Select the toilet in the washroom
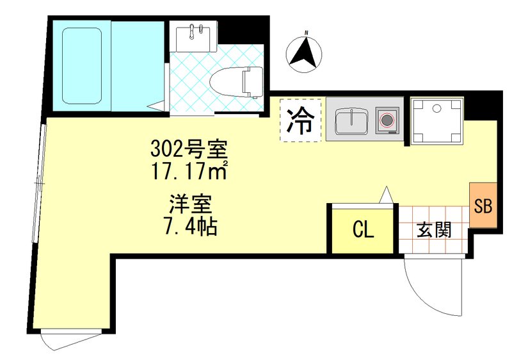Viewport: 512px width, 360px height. (237, 81)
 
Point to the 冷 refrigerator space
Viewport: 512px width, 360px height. (300, 120)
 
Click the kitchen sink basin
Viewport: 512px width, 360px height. (350, 120)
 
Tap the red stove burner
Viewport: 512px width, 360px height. (387, 120)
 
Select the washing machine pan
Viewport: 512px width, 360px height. (437, 120)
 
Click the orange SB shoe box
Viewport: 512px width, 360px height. (482, 205)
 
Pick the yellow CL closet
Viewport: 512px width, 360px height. (362, 230)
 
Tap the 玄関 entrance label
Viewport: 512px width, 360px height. (433, 229)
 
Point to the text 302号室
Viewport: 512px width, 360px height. (189, 151)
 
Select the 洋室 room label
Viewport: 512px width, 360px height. (190, 206)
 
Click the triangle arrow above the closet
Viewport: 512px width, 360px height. (386, 193)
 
